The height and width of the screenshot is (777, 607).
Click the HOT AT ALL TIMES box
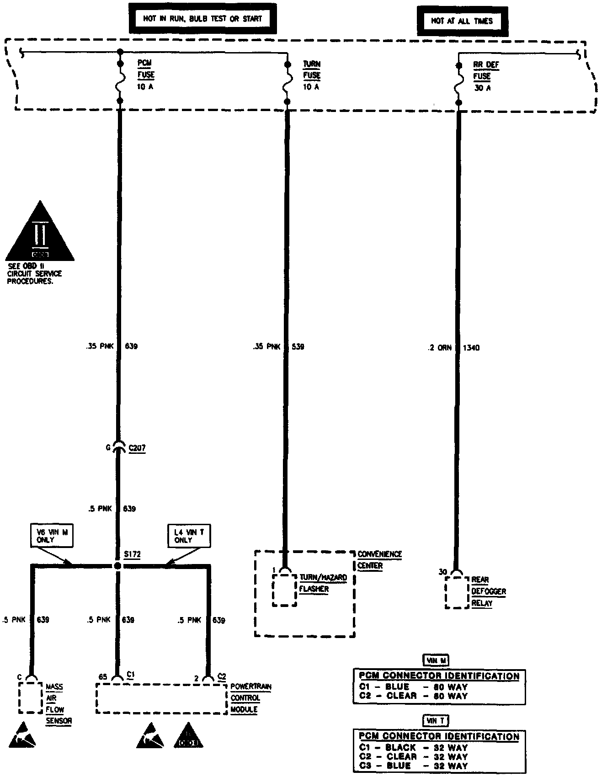462,21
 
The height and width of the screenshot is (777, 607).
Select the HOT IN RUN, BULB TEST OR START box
202,19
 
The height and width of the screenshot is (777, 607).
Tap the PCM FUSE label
146,75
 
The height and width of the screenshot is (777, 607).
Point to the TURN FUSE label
311,75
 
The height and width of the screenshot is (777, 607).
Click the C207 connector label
137,448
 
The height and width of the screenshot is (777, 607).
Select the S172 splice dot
118,566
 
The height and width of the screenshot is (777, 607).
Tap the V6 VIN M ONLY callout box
52,536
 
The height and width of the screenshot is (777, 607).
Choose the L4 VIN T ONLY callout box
189,536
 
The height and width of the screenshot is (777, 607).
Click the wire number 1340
471,348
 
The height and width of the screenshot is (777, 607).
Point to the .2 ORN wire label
439,348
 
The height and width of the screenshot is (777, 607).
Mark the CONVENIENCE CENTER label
379,560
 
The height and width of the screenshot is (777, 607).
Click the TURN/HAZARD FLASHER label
323,583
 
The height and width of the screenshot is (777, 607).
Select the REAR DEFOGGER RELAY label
488,591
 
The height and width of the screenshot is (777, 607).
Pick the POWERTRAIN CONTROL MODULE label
250,698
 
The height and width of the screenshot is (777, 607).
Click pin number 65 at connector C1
103,676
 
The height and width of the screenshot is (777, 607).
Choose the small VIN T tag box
436,721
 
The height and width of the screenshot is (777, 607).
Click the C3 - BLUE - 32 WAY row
413,766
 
